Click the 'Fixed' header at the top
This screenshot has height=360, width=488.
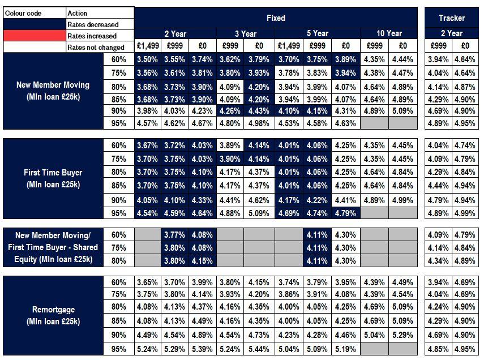[276, 18]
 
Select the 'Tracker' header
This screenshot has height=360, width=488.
[451, 18]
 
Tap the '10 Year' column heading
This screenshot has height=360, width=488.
[389, 33]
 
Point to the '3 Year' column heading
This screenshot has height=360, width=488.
[245, 33]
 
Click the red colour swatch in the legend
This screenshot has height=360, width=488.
[33, 36]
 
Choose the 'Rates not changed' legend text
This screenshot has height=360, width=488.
[96, 47]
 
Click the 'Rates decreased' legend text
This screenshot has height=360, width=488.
[93, 24]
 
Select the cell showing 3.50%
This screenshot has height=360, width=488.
[147, 59]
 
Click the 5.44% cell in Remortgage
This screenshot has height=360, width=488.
[259, 349]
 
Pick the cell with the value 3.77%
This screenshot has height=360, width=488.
[175, 234]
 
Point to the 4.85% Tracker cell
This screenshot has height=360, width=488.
[438, 349]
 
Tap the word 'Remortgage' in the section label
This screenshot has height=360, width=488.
[54, 310]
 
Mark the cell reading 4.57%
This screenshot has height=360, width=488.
[147, 123]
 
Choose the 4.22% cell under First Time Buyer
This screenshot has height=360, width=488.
[318, 199]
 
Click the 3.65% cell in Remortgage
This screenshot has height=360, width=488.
[147, 282]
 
